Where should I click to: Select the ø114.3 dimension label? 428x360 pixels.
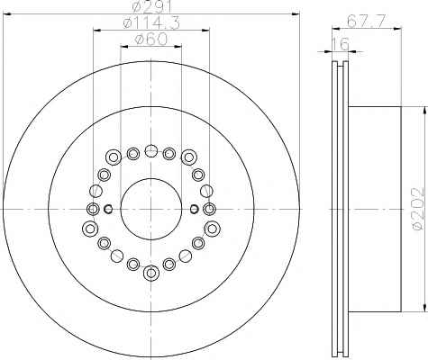[x=151, y=23]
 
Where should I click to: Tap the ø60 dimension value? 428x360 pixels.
[x=151, y=39]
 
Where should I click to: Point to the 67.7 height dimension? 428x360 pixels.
[x=366, y=21]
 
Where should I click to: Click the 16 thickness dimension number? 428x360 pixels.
[x=341, y=44]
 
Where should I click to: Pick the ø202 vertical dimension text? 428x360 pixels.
[x=418, y=209]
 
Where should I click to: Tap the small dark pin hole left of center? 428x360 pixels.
[x=108, y=209]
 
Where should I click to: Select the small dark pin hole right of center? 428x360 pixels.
[x=195, y=209]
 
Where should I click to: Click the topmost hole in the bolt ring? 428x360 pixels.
[x=150, y=151]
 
